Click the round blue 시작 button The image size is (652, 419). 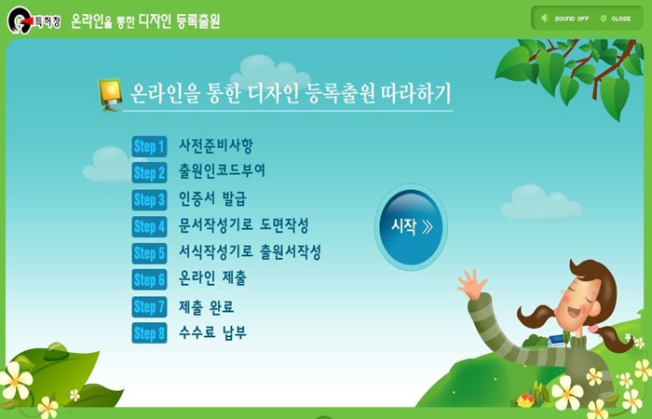coord(411,227)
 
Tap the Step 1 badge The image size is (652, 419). coord(149,146)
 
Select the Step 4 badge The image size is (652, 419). coord(149,226)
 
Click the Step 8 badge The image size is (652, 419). coord(149,333)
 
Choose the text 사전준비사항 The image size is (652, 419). coord(216,145)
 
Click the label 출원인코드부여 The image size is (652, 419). coord(222,170)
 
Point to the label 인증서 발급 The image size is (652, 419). coord(212,198)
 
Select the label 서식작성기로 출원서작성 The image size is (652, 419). coord(250,251)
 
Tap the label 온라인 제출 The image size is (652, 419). coord(212,277)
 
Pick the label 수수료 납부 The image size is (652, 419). coord(212,332)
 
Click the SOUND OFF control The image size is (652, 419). coord(565,19)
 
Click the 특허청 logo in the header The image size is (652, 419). coord(34,20)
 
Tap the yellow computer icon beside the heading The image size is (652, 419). coord(109,95)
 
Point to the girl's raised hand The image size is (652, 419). coord(472,283)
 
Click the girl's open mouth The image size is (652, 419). coord(575,311)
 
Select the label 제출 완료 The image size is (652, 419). coord(206,306)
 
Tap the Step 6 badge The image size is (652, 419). coord(149,279)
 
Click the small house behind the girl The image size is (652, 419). coord(556,341)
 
